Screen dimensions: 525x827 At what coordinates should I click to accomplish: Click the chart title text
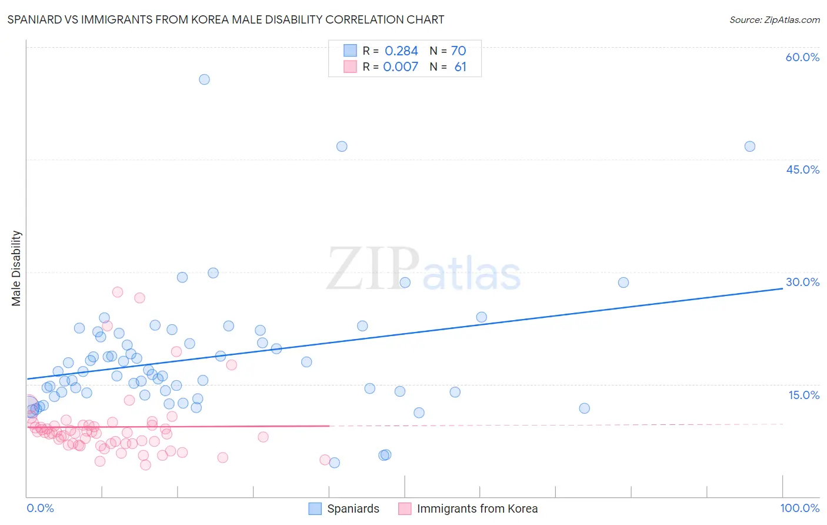(226, 19)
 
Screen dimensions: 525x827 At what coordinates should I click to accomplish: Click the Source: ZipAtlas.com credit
(774, 19)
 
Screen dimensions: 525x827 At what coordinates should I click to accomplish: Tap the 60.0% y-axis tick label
(802, 57)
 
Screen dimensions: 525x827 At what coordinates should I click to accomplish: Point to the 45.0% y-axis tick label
(802, 170)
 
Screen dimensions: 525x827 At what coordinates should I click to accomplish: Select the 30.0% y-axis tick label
(802, 282)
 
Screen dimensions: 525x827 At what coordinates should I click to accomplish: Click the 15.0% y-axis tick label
(803, 395)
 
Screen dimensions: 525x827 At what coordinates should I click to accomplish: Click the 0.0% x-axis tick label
(40, 508)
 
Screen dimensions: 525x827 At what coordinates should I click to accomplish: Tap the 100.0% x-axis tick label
(799, 508)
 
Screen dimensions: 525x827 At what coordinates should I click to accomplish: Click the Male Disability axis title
(16, 268)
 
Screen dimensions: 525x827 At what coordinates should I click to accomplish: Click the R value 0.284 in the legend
(401, 51)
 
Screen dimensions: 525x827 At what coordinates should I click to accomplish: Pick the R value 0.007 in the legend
(401, 67)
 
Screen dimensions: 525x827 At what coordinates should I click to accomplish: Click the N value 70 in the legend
(458, 51)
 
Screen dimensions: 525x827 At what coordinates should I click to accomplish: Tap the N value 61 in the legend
(460, 67)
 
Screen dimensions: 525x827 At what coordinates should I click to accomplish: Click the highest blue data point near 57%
(204, 79)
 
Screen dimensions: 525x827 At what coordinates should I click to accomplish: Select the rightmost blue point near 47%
(749, 147)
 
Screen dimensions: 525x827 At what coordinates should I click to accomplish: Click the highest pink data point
(118, 292)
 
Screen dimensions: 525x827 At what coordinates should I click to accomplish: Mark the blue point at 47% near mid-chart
(342, 147)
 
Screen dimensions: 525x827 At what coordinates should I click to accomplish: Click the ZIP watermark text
(373, 269)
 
